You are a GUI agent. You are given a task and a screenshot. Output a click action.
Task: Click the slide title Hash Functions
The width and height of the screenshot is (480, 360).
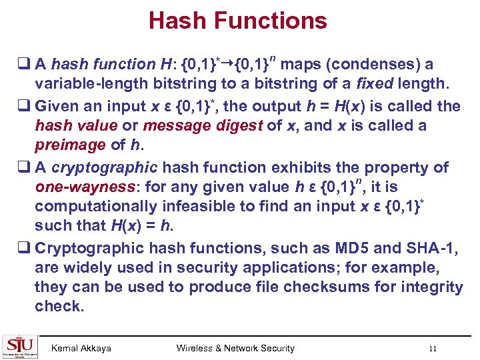[238, 21]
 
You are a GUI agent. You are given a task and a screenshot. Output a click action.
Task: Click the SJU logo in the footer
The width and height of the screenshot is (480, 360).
[20, 346]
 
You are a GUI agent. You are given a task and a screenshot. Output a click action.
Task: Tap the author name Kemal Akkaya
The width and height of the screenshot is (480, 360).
[81, 348]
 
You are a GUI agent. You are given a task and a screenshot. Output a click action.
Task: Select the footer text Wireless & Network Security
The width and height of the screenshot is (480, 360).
[235, 348]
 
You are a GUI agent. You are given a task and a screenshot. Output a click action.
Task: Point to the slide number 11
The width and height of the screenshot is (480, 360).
[433, 348]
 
